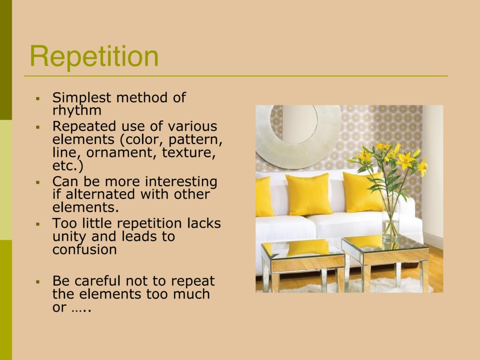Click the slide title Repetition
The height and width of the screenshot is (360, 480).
94,57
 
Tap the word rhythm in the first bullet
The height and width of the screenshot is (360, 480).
77,111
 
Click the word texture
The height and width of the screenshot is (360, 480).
189,152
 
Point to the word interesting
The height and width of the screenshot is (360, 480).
181,181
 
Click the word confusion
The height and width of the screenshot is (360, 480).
84,249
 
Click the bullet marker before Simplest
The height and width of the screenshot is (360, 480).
38,98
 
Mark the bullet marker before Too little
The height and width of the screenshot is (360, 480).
38,224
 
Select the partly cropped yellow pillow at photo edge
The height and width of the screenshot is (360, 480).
264,196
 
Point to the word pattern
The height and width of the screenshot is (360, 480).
195,140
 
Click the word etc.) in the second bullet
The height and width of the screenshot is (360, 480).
68,165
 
